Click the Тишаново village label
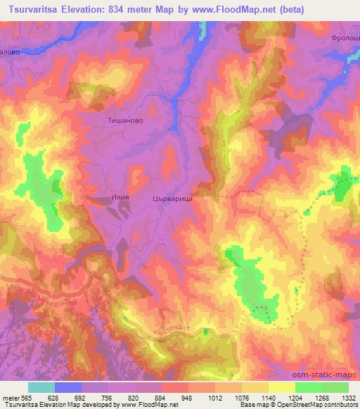coord(124,120)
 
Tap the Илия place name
coord(121,198)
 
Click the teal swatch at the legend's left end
coord(41,387)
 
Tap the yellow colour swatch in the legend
coord(282,387)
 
